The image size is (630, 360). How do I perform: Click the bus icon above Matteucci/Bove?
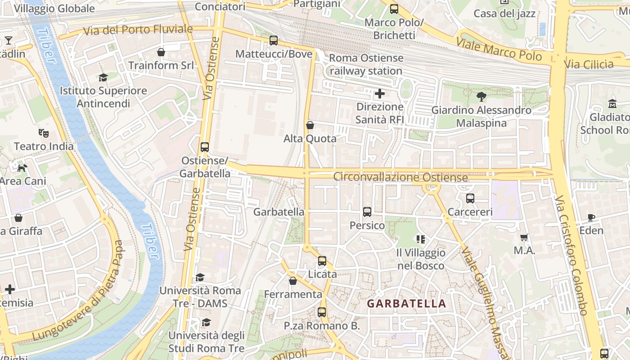(274, 40)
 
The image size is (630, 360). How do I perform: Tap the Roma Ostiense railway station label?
(366, 64)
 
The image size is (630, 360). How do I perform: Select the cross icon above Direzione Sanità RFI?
(380, 94)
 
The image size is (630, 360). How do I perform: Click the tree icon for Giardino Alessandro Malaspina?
(481, 96)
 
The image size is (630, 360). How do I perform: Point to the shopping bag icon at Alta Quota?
(310, 125)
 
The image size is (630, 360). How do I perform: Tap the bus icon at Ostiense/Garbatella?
(205, 147)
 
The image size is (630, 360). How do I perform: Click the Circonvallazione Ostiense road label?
(400, 177)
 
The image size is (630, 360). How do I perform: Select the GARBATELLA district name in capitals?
(406, 304)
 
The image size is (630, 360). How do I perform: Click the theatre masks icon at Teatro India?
(44, 133)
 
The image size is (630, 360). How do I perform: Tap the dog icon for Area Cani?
(22, 168)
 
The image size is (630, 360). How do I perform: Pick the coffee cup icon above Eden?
(591, 217)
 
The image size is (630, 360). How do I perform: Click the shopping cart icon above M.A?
(524, 237)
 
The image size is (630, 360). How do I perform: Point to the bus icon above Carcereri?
(470, 198)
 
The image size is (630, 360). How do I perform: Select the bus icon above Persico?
(367, 211)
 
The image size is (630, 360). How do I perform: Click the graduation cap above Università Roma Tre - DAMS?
(200, 277)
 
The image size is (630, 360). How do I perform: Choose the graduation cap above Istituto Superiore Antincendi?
(103, 77)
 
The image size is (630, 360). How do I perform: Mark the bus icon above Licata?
(322, 261)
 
